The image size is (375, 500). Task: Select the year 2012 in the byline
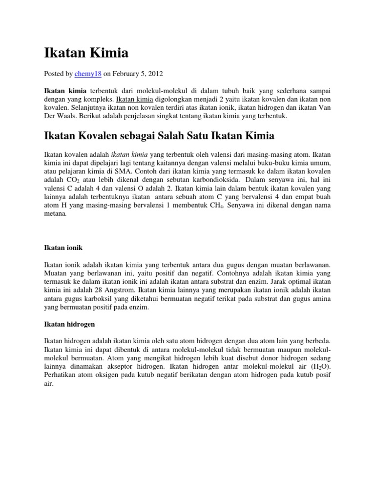click(155, 74)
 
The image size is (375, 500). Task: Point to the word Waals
click(66, 117)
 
